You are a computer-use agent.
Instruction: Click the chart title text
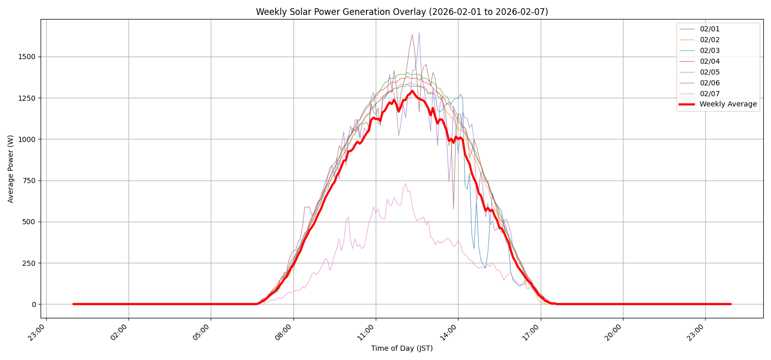pos(401,12)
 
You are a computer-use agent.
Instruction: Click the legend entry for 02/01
pos(709,29)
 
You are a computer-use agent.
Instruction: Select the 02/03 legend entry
pos(709,50)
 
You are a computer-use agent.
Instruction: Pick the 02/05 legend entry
pos(709,72)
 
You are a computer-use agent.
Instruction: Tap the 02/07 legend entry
pos(709,94)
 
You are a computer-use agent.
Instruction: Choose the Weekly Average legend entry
pos(728,104)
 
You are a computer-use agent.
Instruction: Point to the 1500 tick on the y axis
pos(26,57)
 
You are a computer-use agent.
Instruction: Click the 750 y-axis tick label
pos(28,181)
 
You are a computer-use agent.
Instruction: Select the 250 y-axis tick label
pos(28,263)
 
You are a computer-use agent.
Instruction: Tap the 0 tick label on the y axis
pos(34,304)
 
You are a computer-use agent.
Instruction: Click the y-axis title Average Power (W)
pos(11,169)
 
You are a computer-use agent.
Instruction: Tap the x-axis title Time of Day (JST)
pos(401,349)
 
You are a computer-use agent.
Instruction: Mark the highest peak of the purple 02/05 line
pos(419,33)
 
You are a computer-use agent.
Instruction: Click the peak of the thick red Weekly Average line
pos(412,91)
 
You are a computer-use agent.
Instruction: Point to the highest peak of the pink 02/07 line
pos(405,183)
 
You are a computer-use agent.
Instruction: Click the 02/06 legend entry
pos(709,83)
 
